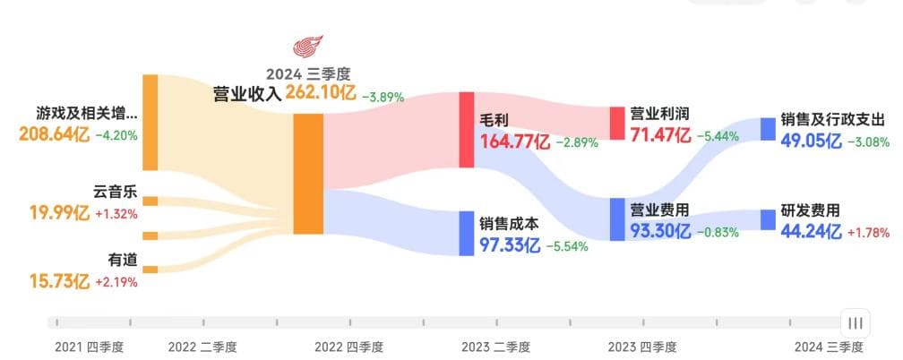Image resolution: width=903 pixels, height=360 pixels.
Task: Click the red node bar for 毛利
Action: pos(466,129)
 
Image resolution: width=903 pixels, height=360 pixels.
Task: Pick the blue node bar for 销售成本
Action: pos(466,232)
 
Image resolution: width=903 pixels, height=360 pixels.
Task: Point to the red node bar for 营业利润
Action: pos(616,123)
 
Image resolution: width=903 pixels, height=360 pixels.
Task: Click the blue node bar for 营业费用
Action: pos(616,219)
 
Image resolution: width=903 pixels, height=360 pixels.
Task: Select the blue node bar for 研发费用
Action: pos(768,220)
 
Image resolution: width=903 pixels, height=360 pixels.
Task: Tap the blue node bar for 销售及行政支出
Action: pos(768,128)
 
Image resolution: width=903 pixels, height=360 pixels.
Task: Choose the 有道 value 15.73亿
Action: pos(58,281)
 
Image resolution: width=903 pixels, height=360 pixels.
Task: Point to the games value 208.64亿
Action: pos(54,135)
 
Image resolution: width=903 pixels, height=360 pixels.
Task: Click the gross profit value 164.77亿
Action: pos(518,141)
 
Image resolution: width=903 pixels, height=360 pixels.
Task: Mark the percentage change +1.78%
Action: pos(868,233)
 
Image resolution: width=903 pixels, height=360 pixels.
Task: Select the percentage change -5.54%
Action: pos(563,244)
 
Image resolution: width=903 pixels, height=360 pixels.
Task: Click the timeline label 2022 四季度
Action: pos(350,347)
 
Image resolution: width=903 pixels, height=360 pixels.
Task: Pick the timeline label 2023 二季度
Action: pos(496,347)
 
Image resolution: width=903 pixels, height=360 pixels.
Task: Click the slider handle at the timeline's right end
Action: pos(856,322)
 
